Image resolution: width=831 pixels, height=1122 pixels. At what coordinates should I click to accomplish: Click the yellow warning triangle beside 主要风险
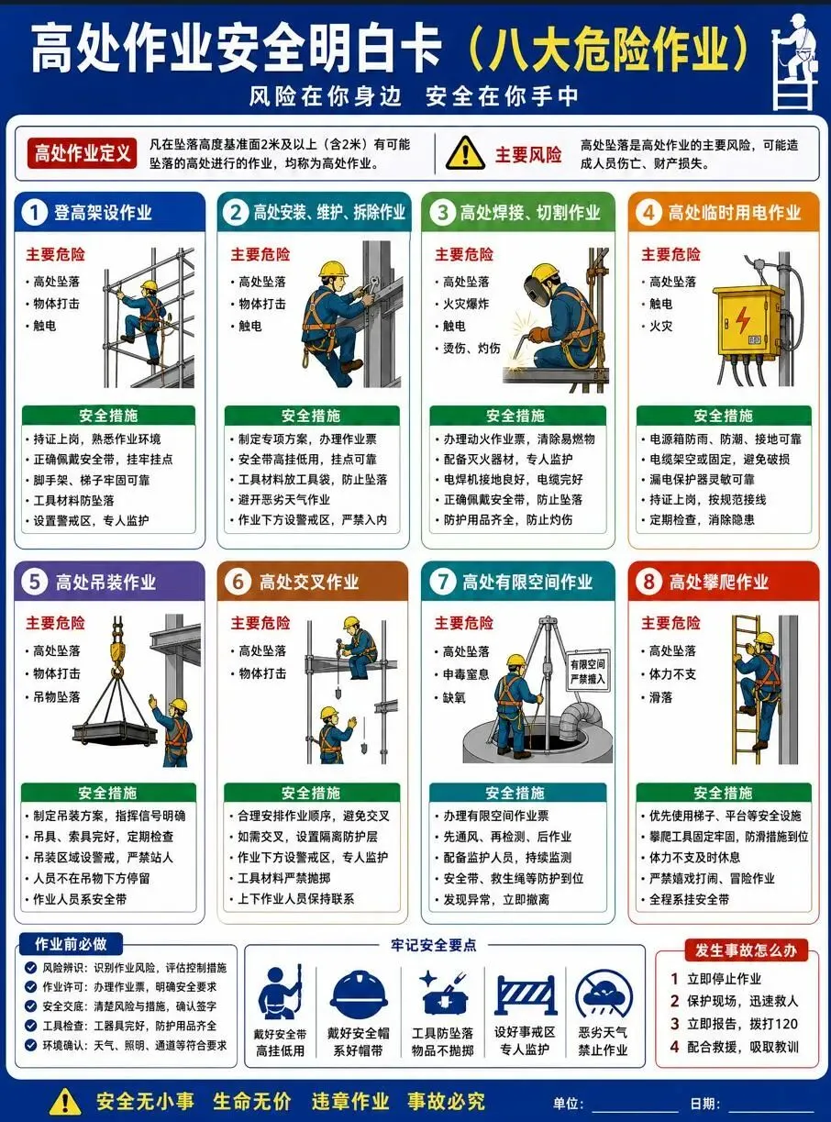pos(465,154)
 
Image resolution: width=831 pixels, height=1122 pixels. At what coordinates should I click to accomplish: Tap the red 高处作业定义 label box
pos(82,153)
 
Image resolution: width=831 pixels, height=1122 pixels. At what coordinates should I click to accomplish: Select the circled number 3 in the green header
pos(443,213)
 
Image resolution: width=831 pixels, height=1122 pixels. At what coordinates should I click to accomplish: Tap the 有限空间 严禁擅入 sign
pos(587,672)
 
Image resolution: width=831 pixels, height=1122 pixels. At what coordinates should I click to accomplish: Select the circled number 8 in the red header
pos(648,582)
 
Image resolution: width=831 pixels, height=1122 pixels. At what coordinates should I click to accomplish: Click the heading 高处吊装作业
pos(105,583)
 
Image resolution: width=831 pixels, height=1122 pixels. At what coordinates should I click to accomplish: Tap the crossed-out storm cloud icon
pos(604,993)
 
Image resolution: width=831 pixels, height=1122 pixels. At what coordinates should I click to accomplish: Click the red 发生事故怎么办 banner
pos(746,950)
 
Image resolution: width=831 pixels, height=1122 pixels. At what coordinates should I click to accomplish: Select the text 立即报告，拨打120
pos(742,1024)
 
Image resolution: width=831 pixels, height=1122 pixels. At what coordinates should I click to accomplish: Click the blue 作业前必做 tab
pos(71,944)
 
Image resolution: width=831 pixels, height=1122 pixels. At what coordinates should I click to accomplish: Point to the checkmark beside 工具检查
pos(31,1026)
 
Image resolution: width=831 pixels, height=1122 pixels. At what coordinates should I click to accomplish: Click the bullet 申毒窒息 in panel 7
pos(466,674)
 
